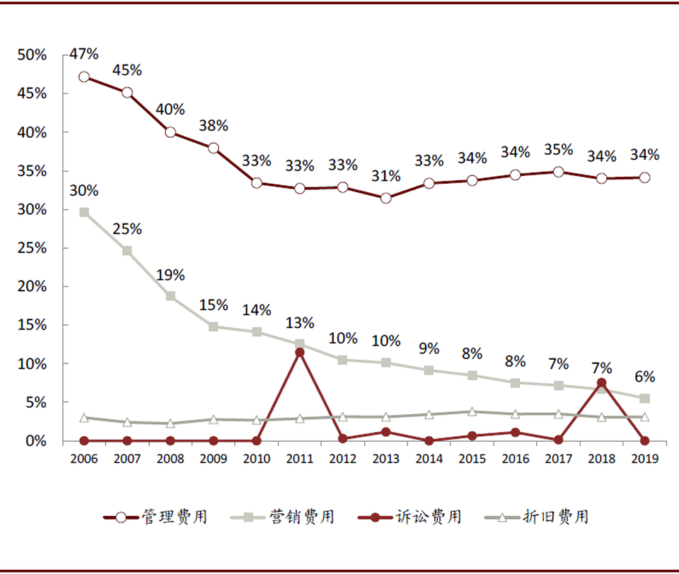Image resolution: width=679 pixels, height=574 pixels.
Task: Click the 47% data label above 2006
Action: [84, 54]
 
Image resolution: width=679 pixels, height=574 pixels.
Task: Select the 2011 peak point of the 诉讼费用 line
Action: [300, 352]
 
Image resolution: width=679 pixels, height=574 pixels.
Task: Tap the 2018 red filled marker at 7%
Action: [601, 383]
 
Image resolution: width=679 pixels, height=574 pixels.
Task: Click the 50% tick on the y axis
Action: [33, 55]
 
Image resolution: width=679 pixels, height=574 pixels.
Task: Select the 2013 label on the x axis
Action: [386, 459]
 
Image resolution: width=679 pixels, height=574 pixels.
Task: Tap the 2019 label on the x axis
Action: [644, 459]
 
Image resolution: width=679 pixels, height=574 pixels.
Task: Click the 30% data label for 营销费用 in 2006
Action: [84, 190]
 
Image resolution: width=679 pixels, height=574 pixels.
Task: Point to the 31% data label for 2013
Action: [386, 176]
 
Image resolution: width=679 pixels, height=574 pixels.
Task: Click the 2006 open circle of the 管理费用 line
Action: [84, 77]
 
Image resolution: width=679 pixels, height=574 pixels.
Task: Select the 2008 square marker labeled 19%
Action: [170, 296]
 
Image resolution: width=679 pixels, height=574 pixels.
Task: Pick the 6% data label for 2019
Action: [644, 377]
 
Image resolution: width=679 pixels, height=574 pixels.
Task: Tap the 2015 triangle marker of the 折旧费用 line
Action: [472, 411]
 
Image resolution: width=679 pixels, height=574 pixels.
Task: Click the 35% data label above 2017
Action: [559, 150]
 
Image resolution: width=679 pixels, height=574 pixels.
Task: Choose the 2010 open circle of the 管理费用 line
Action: [257, 183]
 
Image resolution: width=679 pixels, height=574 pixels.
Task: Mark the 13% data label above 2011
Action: [300, 323]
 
